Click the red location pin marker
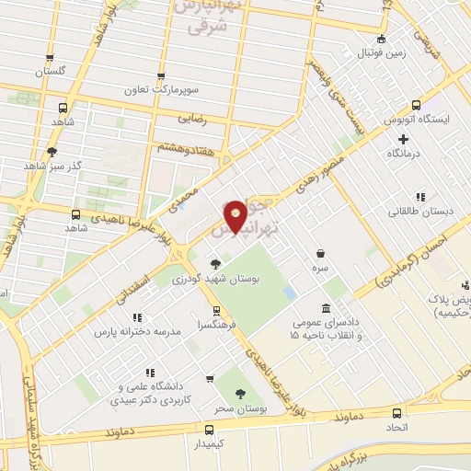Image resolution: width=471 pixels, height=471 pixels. pyautogui.click(x=236, y=215)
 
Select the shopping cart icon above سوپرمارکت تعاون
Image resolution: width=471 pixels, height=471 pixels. pyautogui.click(x=162, y=76)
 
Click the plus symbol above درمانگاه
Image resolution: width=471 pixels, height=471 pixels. pyautogui.click(x=403, y=138)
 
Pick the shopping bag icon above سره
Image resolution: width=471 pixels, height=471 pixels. pyautogui.click(x=319, y=253)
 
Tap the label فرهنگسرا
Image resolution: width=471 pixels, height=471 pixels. pyautogui.click(x=212, y=326)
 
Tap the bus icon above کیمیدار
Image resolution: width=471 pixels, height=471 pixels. pyautogui.click(x=210, y=430)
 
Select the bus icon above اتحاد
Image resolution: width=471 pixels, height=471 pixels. pyautogui.click(x=396, y=413)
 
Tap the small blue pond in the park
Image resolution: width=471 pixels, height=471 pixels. pyautogui.click(x=290, y=293)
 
